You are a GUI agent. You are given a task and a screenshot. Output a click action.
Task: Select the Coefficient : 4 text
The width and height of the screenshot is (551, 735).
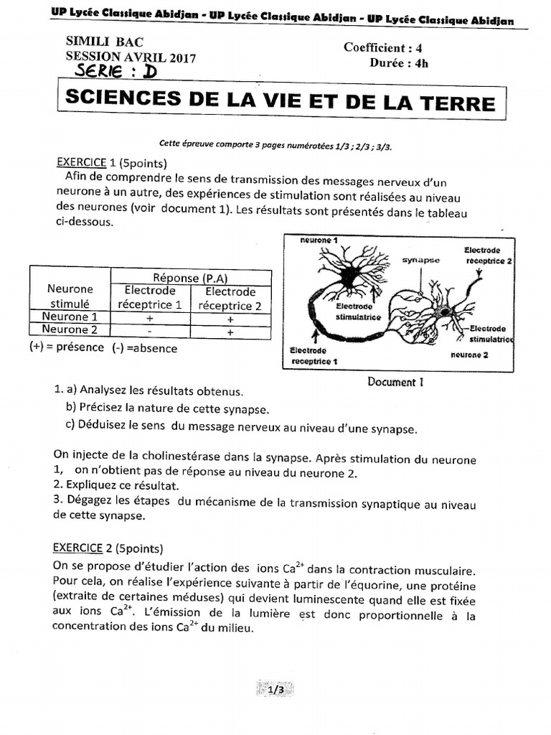click(x=387, y=48)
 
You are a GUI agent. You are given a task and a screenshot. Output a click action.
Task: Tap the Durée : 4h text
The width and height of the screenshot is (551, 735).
click(x=399, y=62)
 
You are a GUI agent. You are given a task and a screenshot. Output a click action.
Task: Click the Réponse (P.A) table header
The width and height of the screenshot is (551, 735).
click(x=190, y=277)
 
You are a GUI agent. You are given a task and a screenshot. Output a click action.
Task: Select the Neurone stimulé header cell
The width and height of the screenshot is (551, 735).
click(x=70, y=296)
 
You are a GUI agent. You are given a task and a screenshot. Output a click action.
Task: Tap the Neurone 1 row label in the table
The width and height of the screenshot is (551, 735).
click(x=70, y=317)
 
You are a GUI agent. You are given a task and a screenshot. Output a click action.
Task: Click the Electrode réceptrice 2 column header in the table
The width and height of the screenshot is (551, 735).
click(x=230, y=299)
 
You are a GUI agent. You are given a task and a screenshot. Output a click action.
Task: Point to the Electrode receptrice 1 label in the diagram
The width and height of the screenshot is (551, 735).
click(x=314, y=355)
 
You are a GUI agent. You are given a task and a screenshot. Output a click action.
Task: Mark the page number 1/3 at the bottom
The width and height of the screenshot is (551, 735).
click(x=275, y=690)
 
